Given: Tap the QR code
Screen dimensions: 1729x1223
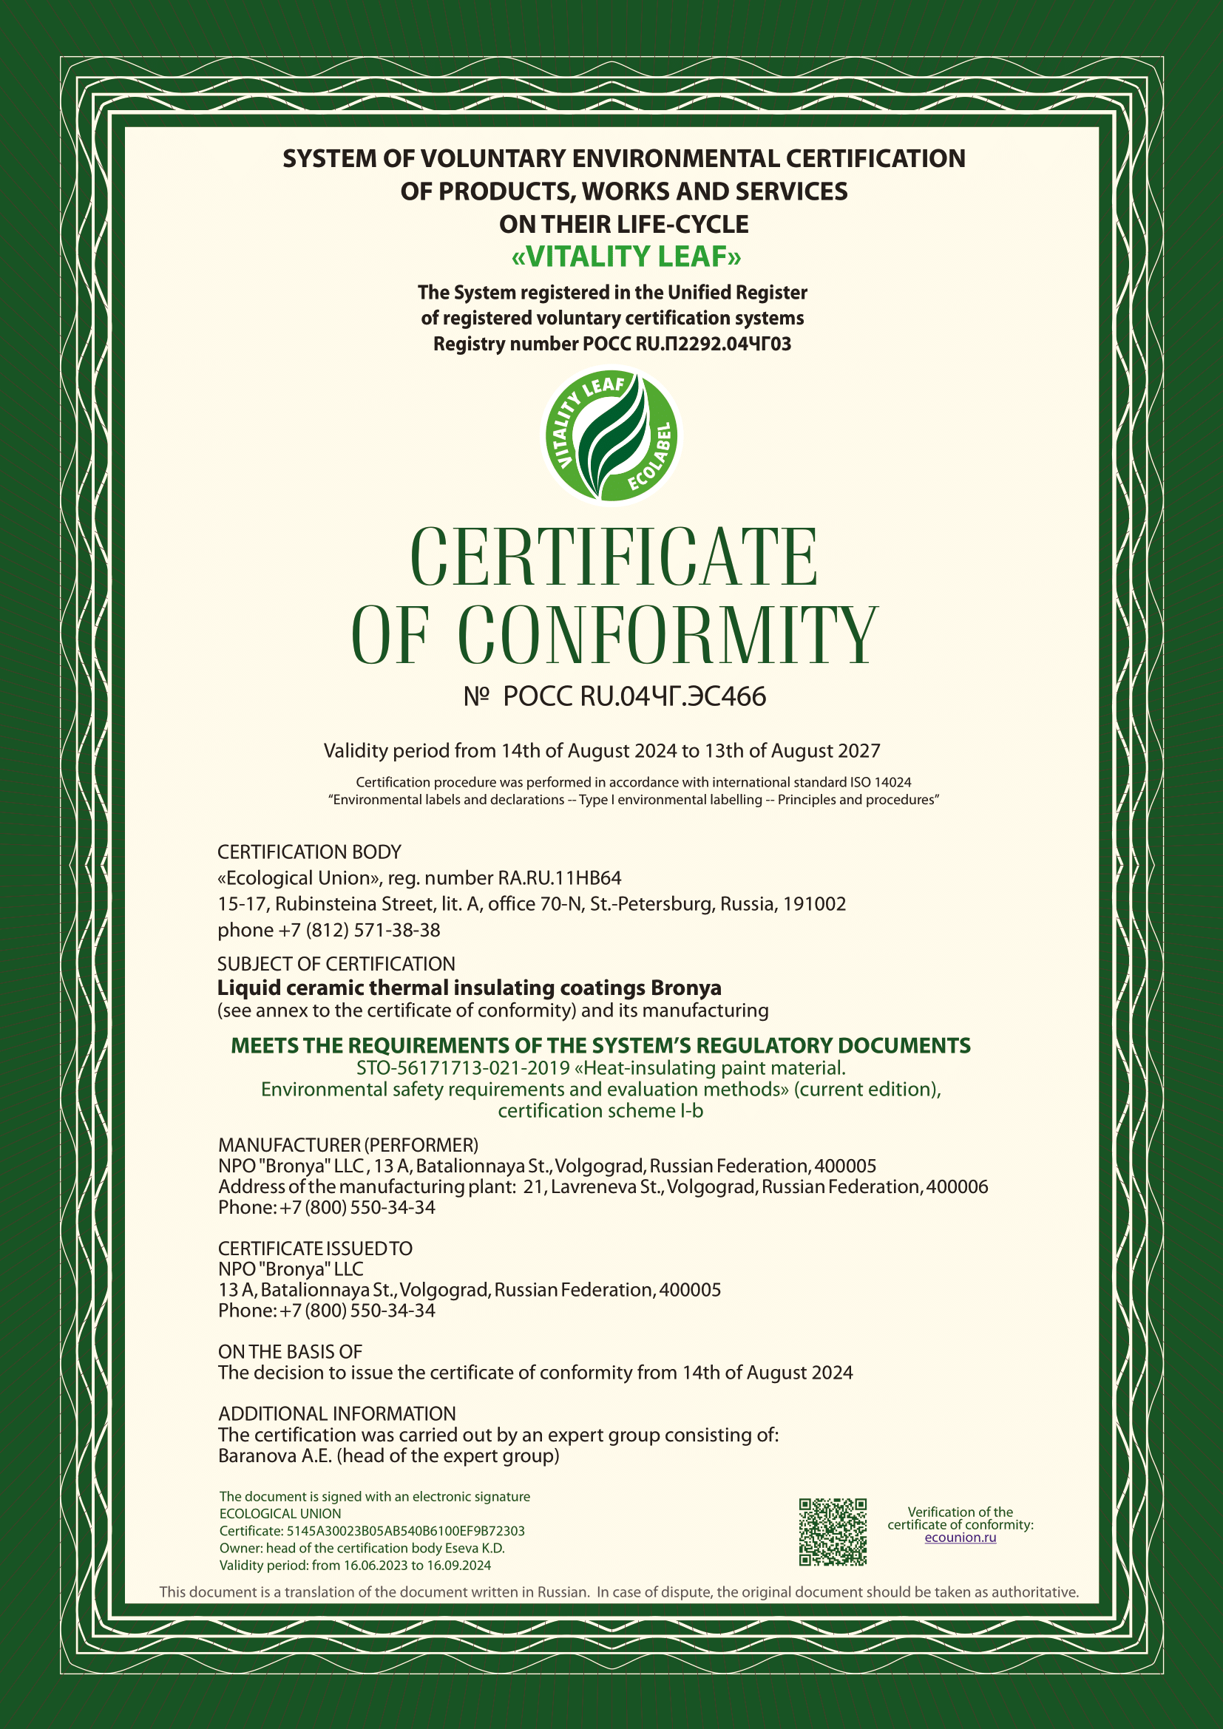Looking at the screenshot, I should (x=832, y=1532).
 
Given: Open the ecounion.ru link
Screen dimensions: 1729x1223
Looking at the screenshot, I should (x=961, y=1538).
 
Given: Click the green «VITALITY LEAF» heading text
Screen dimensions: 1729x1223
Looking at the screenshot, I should (x=626, y=257).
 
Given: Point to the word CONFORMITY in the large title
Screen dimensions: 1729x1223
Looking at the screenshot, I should (x=667, y=636).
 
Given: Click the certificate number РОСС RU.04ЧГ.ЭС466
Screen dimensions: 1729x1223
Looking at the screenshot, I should (x=634, y=696).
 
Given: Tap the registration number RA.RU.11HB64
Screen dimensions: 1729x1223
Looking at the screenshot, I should (x=560, y=878).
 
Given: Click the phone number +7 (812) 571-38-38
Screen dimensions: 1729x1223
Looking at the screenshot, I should (x=359, y=930).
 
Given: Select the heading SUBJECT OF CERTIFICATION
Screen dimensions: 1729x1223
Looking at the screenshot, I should (x=336, y=964).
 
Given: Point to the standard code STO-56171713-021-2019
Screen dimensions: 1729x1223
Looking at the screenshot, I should (x=462, y=1068).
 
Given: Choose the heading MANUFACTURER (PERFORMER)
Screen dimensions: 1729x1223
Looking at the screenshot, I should (x=348, y=1144).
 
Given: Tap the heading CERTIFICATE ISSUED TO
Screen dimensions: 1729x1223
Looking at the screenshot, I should (x=315, y=1249).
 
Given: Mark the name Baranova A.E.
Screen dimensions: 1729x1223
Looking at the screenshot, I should (x=275, y=1455).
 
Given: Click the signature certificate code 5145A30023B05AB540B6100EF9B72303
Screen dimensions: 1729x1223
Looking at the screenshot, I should (x=405, y=1531).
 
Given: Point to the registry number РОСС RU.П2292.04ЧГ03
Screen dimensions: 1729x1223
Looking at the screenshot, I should (x=686, y=344).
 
